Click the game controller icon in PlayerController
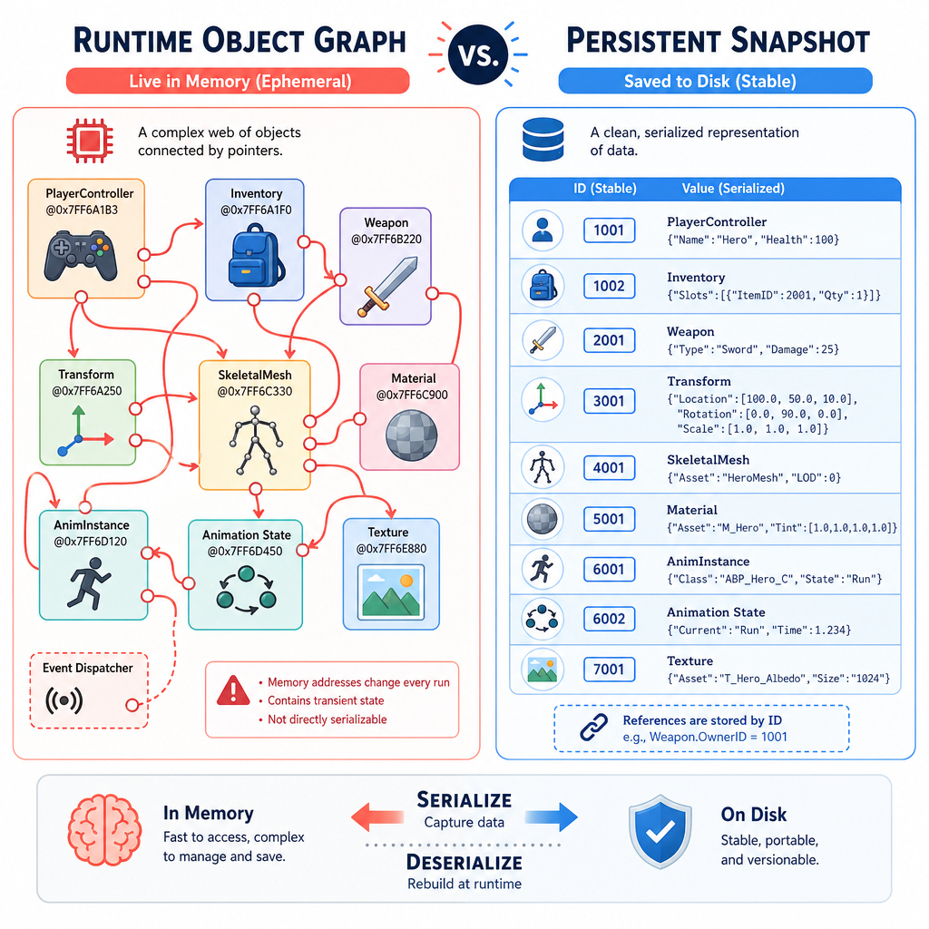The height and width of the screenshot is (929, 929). [81, 255]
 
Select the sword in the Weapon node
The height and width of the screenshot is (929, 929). [387, 287]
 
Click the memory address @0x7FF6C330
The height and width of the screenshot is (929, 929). [255, 392]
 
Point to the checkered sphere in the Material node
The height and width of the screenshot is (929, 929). [411, 435]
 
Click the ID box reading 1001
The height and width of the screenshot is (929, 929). [609, 230]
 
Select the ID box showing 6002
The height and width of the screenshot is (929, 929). [609, 619]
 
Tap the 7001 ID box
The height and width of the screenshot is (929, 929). [609, 670]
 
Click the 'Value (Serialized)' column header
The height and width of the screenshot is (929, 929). [733, 189]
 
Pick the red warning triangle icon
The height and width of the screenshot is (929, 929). [233, 690]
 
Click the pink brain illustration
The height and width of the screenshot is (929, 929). [105, 829]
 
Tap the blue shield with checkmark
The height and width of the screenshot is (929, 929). [660, 831]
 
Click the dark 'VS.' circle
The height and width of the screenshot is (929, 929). [478, 55]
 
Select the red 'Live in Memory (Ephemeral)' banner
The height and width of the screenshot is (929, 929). [239, 81]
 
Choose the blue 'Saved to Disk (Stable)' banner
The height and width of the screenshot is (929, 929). [715, 81]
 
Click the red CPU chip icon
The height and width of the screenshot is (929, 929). [90, 141]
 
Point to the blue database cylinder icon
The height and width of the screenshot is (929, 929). [543, 140]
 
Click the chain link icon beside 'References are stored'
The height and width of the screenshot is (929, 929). [593, 728]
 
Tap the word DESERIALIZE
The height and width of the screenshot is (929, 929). [464, 862]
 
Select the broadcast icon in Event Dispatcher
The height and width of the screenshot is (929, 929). [64, 701]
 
